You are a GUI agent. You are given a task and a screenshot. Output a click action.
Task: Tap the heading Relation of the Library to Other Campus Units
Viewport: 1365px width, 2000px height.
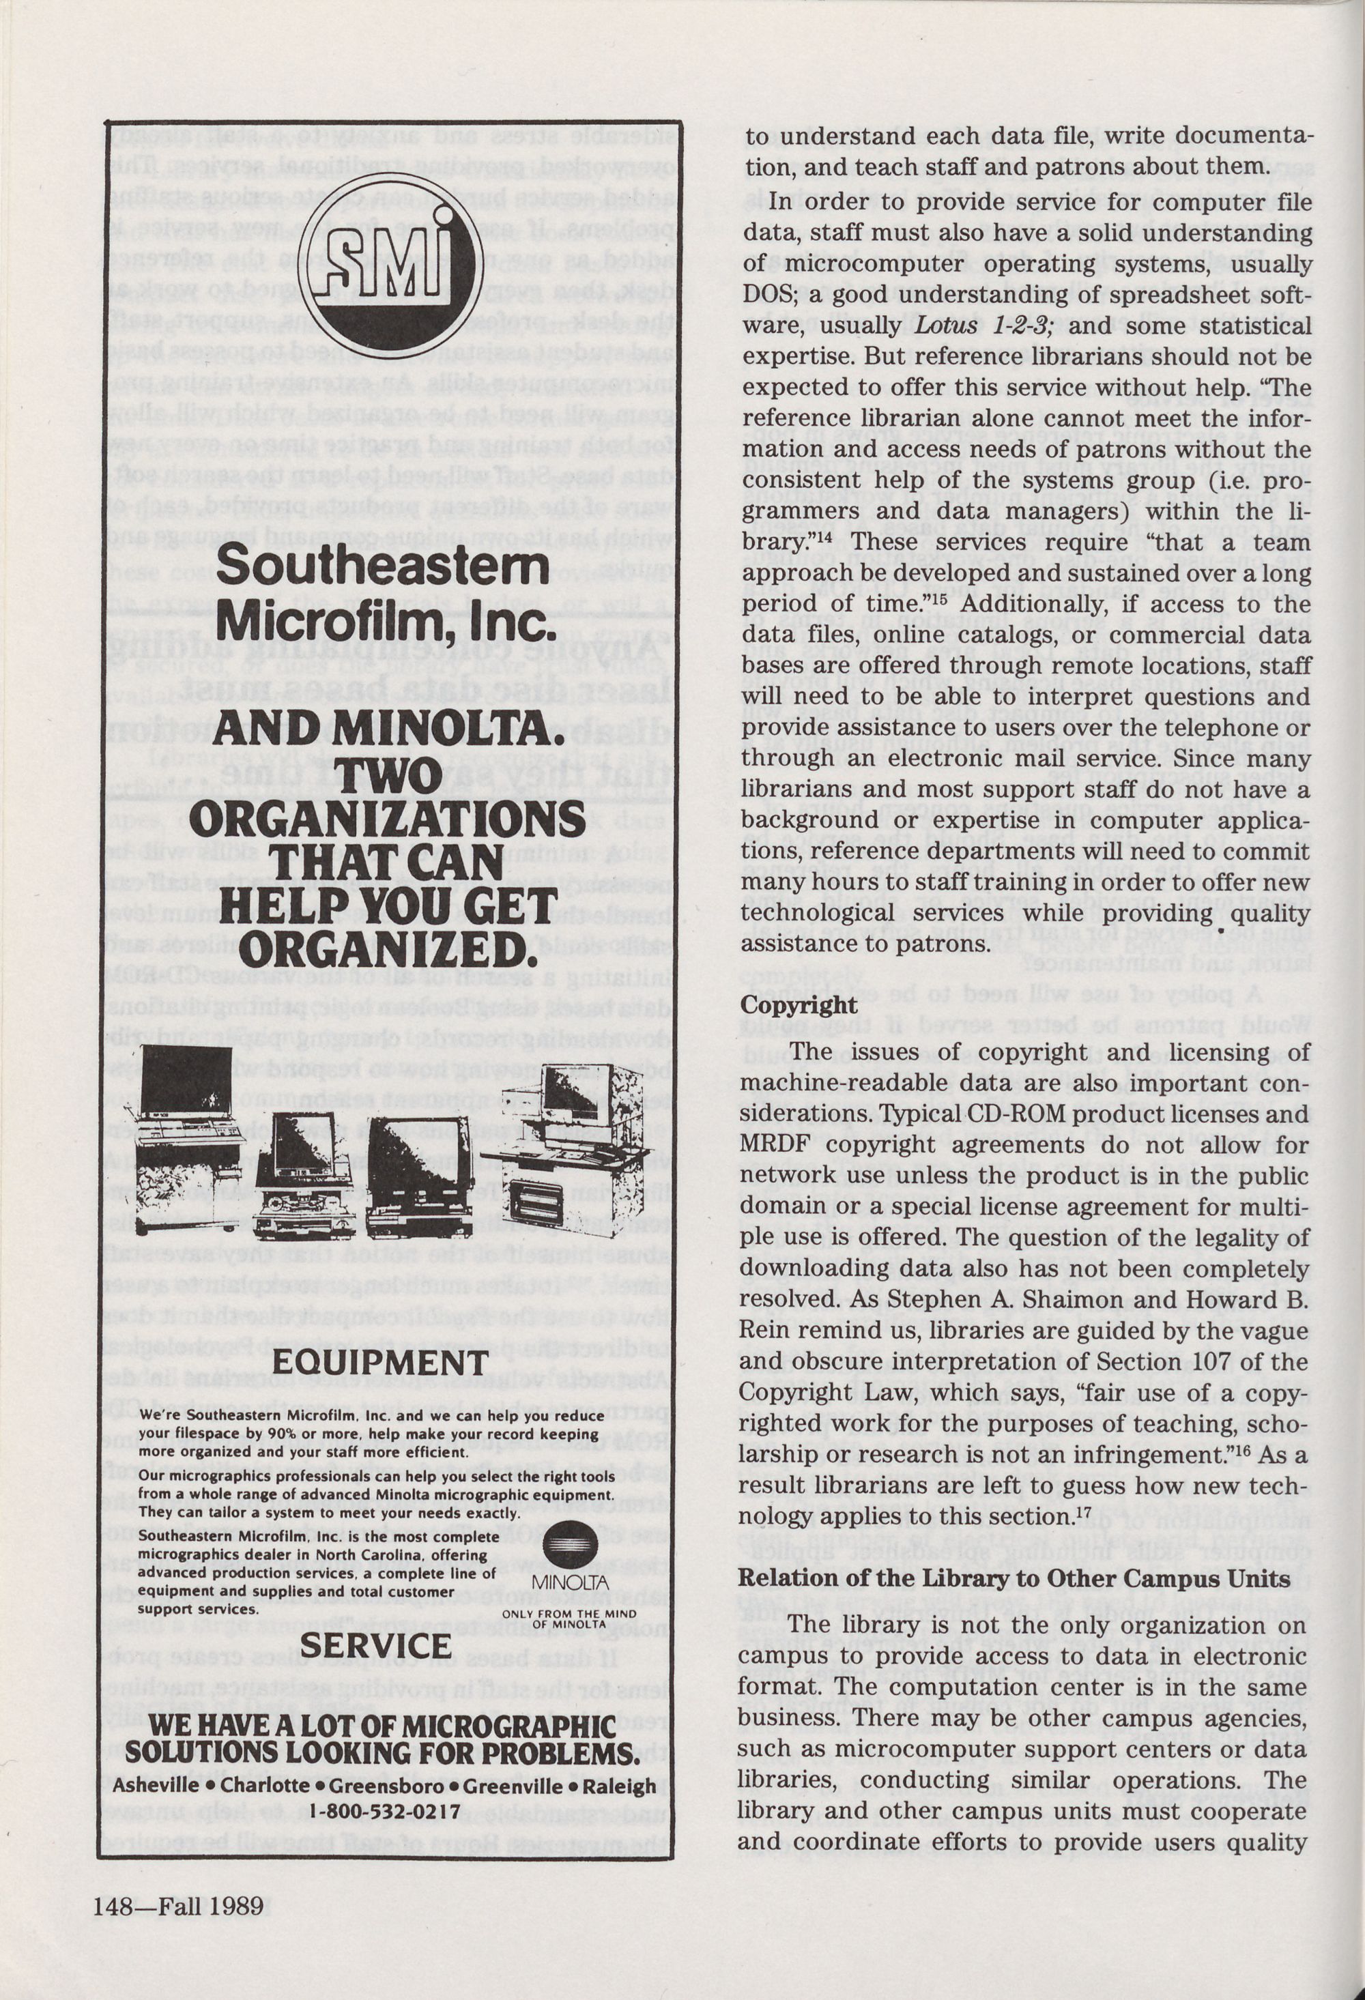tap(1015, 1578)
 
